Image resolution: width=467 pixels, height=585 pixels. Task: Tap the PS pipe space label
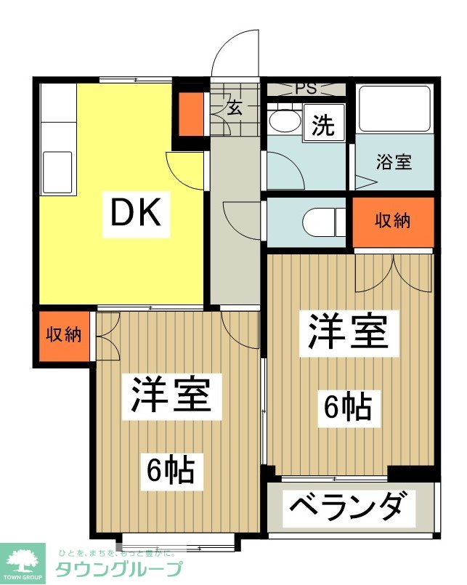306,89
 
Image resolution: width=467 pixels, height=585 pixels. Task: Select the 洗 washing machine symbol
323,123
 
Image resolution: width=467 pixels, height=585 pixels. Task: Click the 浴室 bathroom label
394,162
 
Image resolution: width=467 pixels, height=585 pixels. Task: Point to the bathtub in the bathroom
394,108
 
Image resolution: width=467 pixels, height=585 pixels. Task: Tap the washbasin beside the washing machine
285,120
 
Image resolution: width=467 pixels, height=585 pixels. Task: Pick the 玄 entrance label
235,108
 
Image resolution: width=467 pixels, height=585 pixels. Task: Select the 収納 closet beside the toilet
393,222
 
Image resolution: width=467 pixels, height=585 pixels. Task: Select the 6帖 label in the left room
171,471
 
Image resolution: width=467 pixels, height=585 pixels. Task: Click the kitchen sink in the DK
58,172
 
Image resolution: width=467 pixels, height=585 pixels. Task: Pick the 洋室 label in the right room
349,332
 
